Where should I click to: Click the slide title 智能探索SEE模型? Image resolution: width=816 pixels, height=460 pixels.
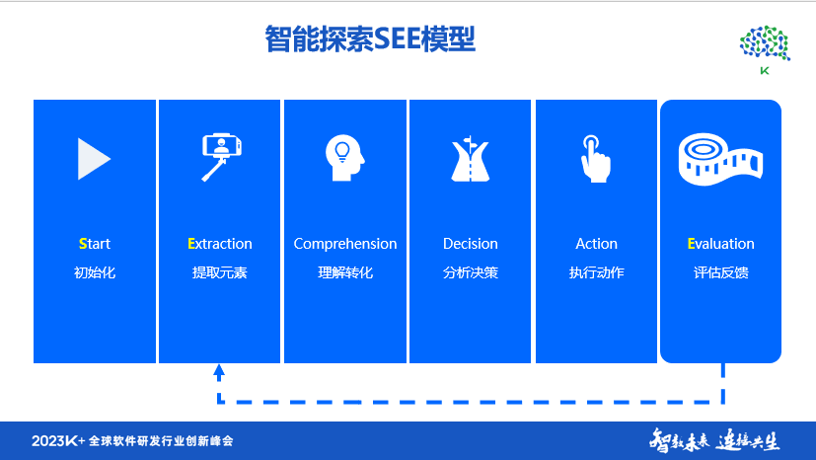pyautogui.click(x=371, y=39)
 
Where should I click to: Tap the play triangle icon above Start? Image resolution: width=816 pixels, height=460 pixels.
pyautogui.click(x=93, y=158)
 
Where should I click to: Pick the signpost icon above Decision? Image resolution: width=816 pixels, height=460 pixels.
pyautogui.click(x=471, y=158)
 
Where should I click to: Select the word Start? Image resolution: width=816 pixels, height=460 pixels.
pyautogui.click(x=95, y=244)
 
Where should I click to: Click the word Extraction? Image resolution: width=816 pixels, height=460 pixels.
pyautogui.click(x=220, y=244)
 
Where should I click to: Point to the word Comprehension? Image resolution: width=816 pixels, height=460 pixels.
pyautogui.click(x=345, y=244)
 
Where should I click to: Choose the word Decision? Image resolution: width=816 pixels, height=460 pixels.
pyautogui.click(x=471, y=244)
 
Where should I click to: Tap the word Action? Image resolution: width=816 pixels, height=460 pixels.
pyautogui.click(x=596, y=244)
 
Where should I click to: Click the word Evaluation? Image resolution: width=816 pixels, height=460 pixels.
pyautogui.click(x=721, y=244)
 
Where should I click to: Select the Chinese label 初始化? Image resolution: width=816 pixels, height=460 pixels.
pyautogui.click(x=95, y=272)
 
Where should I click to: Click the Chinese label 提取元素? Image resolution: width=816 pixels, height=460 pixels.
pyautogui.click(x=220, y=272)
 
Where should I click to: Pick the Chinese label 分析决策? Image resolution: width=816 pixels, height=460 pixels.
pyautogui.click(x=471, y=272)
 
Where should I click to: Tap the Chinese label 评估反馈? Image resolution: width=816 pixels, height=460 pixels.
pyautogui.click(x=721, y=272)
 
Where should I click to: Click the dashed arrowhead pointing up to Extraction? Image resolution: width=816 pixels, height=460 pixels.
pyautogui.click(x=219, y=372)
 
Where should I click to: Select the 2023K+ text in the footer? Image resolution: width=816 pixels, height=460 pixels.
pyautogui.click(x=57, y=440)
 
